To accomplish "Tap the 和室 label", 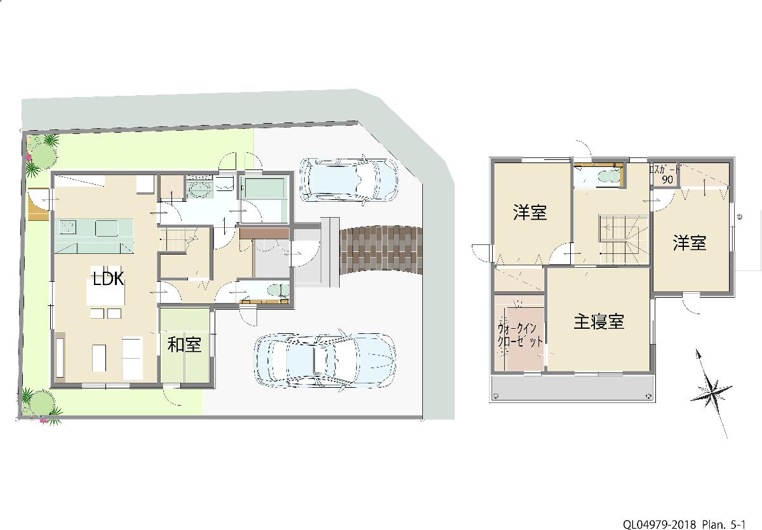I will tap(184, 345).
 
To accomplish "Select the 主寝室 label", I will tap(599, 322).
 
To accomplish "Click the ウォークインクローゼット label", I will tap(520, 335).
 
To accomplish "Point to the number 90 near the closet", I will tap(667, 180).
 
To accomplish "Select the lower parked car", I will tap(324, 360).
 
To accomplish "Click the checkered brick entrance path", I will tap(381, 249).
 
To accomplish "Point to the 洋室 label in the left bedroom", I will tap(530, 213).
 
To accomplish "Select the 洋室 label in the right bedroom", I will tap(690, 242).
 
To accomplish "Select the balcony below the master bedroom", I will tap(571, 388).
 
